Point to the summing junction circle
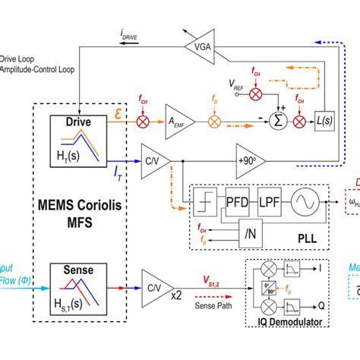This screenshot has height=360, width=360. tap(280, 121)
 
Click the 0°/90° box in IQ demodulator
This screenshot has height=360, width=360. tap(269, 289)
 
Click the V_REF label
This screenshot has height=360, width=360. tap(239, 103)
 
